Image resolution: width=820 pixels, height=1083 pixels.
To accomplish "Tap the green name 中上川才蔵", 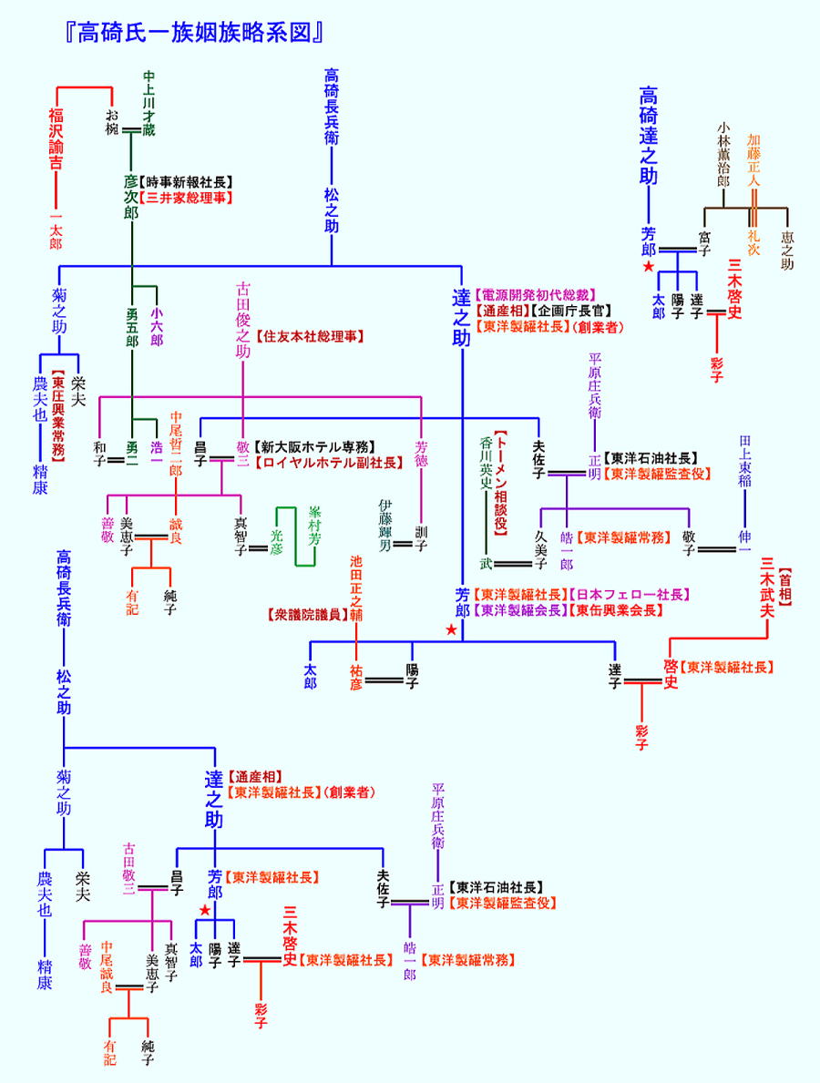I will coord(149,104).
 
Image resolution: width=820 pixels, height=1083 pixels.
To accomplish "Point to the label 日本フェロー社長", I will coord(628,595).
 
